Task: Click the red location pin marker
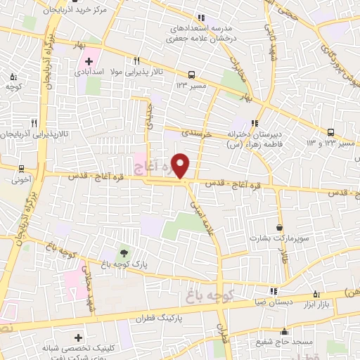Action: coord(181,165)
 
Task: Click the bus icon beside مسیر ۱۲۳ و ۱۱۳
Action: coord(331,131)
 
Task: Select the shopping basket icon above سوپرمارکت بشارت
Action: coord(280,228)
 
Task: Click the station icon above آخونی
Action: coord(22,169)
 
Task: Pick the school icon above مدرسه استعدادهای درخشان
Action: coord(201,18)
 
